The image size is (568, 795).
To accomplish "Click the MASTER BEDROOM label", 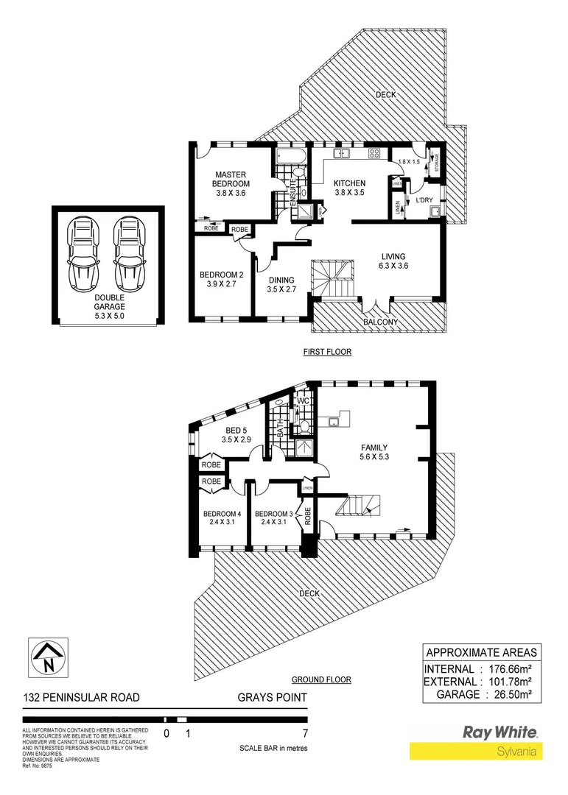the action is point(231,179).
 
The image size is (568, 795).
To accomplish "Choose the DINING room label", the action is point(281,280).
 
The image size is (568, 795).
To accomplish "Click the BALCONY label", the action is point(382,322).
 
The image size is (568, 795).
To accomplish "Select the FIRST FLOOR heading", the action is point(327,352).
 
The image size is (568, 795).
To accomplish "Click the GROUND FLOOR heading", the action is point(321,679).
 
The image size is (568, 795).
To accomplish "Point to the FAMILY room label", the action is point(374,448).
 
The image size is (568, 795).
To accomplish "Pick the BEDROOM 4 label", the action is point(222,514).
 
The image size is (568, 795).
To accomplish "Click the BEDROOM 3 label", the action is point(273,514).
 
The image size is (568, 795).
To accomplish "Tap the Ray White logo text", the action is point(499,732).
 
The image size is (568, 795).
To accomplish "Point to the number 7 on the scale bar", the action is point(304,733).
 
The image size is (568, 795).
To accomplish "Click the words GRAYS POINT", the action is point(272,698).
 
